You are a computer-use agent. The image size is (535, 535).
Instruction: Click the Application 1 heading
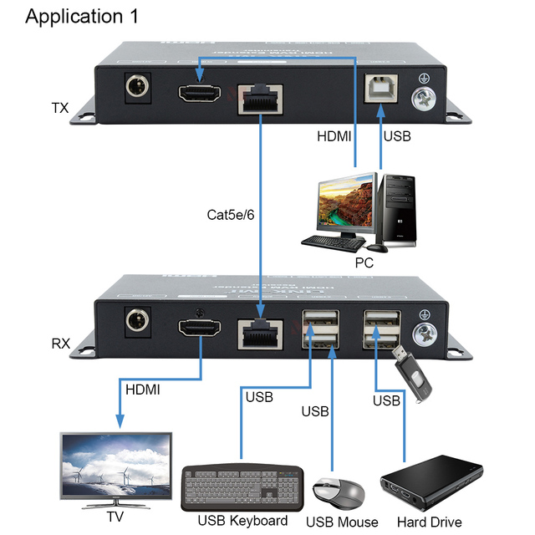(x=82, y=17)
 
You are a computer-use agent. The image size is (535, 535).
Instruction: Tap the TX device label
(x=60, y=108)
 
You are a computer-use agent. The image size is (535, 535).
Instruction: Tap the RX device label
(x=61, y=343)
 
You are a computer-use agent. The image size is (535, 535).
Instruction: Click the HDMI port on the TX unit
(x=197, y=93)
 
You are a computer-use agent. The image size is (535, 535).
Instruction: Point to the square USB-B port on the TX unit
(x=380, y=90)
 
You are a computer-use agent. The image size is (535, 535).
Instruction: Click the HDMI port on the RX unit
(x=198, y=329)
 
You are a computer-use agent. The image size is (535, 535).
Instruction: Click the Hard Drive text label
(x=429, y=522)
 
